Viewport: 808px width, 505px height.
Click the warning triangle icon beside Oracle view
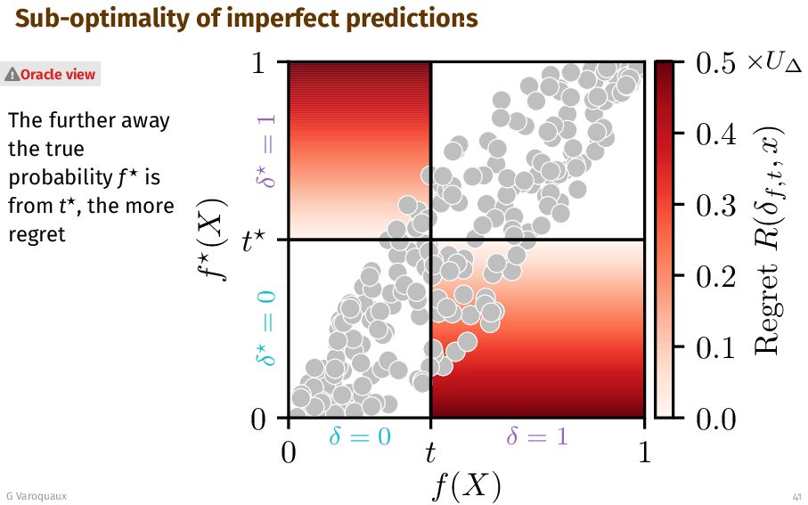click(12, 75)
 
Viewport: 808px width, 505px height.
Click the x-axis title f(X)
click(466, 486)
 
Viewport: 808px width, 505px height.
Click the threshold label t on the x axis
click(430, 452)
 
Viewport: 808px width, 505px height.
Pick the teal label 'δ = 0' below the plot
click(360, 436)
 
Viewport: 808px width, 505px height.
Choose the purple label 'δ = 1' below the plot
click(537, 436)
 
